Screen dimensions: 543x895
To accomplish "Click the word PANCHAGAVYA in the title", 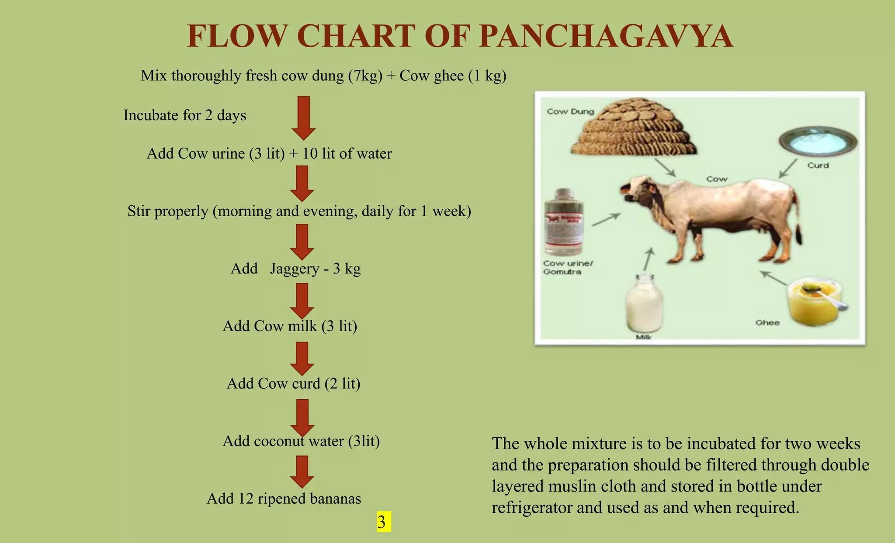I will coord(606,36).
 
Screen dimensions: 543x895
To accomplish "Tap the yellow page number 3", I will coord(382,522).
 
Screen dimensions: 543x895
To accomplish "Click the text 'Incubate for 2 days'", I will coord(184,115).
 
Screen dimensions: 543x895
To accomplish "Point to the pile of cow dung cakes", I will coord(635,128).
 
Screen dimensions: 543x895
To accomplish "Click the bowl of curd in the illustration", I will coord(818,142).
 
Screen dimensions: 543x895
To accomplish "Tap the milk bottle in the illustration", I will coord(644,303).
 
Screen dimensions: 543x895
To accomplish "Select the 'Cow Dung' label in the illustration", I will coord(570,111).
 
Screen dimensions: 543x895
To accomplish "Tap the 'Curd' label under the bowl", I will coord(818,165).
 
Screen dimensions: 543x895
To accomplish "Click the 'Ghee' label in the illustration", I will coord(767,322).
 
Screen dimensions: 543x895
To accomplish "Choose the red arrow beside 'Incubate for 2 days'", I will coord(303,118).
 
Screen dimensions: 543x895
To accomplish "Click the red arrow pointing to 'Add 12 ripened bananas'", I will coord(302,471).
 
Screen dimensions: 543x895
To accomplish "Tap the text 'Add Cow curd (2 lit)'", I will coord(293,384).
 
